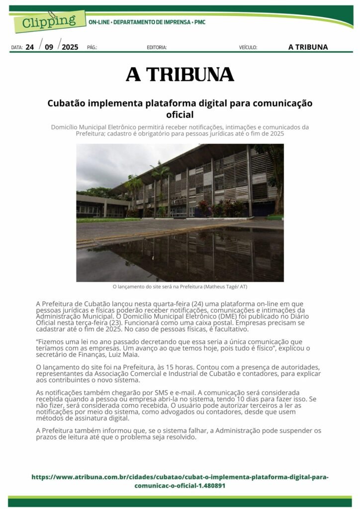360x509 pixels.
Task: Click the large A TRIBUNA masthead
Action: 180,75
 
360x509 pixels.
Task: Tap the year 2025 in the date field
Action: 70,47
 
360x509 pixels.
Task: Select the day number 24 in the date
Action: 30,47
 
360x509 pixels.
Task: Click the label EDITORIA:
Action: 157,48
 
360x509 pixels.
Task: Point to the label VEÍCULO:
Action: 248,48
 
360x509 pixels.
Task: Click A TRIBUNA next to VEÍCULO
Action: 308,47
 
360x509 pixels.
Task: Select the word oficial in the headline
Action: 180,115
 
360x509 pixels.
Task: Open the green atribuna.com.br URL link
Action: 180,481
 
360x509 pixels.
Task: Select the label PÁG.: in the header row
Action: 92,48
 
